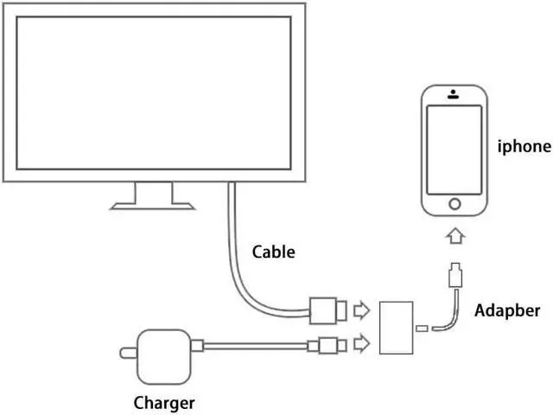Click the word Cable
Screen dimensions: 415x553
pos(273,252)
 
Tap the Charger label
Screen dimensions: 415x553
pos(164,402)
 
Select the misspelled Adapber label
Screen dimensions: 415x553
pos(507,310)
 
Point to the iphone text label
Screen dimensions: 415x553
pos(524,146)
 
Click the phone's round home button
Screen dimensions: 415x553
pos(454,205)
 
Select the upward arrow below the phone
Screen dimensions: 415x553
pos(454,236)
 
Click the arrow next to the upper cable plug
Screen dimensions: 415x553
pos(363,308)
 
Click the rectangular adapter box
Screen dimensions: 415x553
pos(397,327)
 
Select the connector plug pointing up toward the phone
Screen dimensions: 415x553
pos(454,278)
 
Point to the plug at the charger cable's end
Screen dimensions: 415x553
pos(329,346)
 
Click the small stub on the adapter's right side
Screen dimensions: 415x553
pos(421,328)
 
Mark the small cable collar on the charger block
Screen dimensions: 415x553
pos(197,347)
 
